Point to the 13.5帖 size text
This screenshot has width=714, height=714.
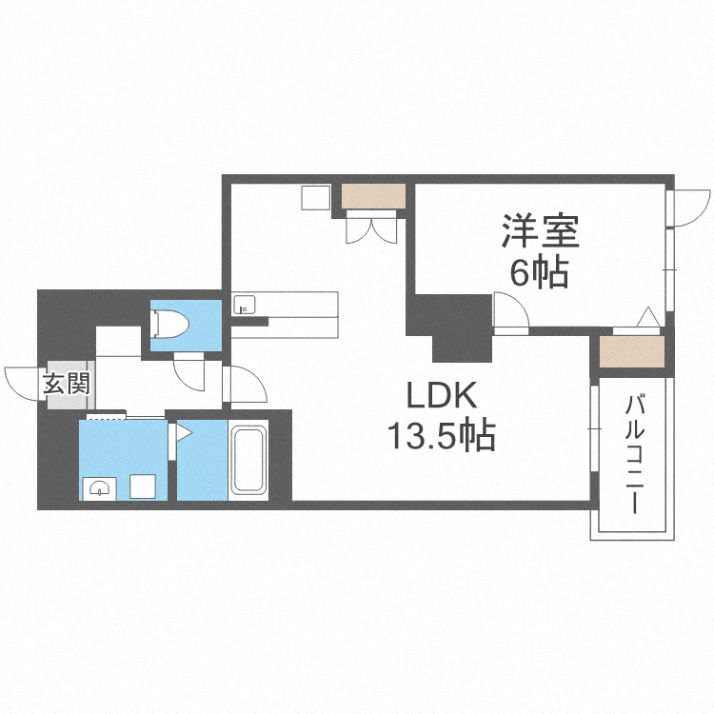[440, 436]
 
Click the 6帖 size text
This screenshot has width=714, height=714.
[539, 273]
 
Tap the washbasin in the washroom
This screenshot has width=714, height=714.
[100, 489]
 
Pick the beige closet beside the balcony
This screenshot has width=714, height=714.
[629, 352]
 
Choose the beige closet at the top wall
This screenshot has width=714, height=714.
[374, 196]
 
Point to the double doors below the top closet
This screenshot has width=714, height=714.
[370, 228]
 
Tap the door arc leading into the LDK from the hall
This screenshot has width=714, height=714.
[245, 385]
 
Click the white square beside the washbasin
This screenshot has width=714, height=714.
[145, 486]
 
